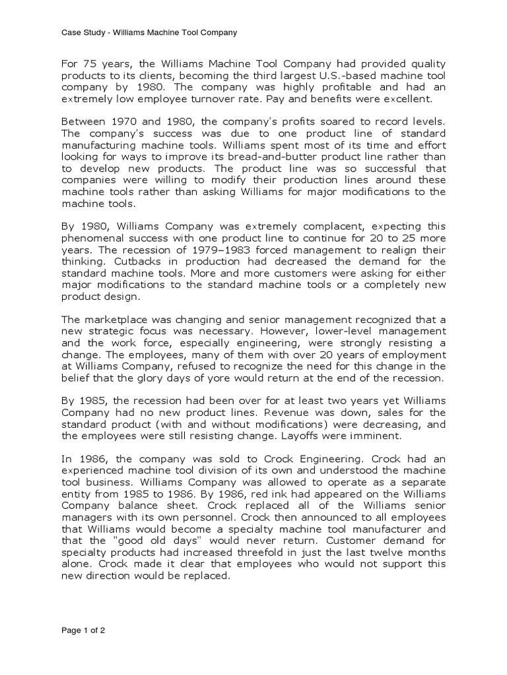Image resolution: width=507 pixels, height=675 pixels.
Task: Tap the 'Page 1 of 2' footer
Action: [x=83, y=630]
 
